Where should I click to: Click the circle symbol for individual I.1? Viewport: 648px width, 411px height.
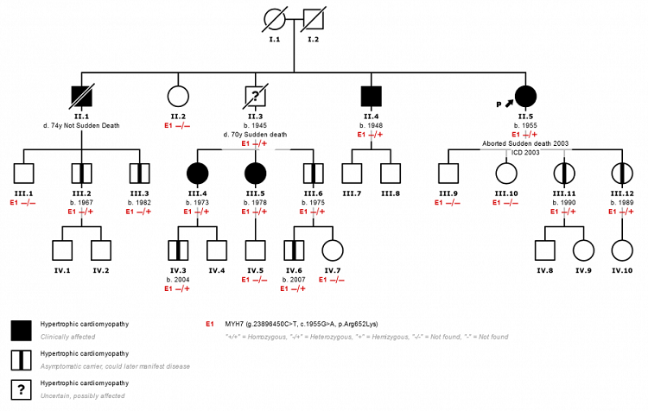click(275, 20)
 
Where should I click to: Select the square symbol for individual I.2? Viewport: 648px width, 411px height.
click(314, 20)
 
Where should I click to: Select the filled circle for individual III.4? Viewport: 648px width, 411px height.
click(198, 174)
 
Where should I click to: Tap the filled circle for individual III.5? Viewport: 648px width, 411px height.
click(255, 174)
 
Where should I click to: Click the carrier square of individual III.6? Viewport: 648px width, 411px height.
click(314, 174)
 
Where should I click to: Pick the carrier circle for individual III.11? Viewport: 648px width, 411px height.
click(564, 174)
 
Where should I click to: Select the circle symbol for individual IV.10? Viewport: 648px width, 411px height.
click(622, 250)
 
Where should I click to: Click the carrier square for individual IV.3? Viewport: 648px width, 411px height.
click(178, 250)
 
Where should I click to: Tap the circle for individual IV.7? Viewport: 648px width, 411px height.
click(333, 250)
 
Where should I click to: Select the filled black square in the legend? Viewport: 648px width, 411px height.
click(22, 329)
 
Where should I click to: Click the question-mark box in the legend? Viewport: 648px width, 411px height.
click(22, 388)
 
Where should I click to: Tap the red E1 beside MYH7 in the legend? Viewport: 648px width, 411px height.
click(210, 324)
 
